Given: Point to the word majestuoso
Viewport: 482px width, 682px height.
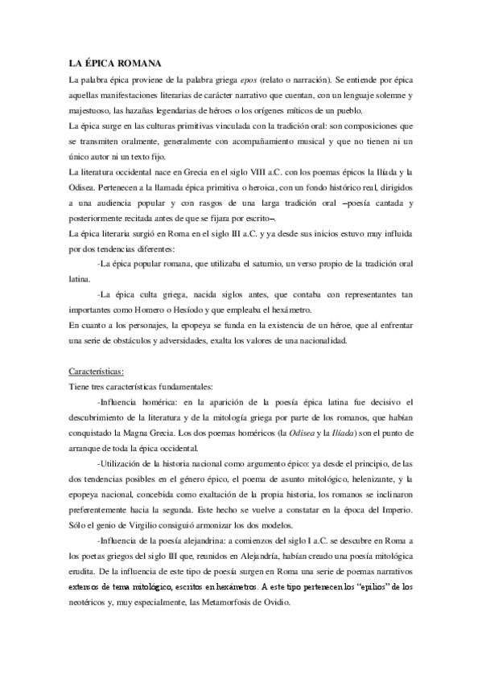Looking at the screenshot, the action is tap(89, 110).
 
